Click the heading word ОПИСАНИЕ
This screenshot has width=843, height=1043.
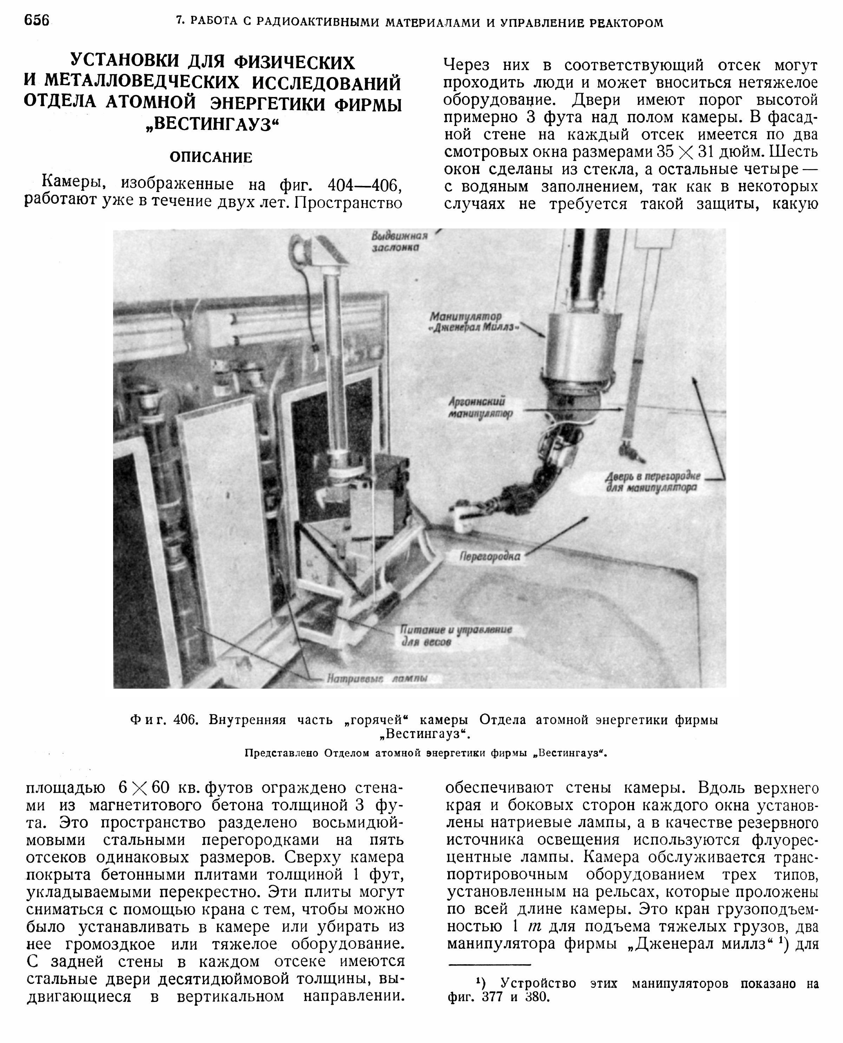pyautogui.click(x=211, y=157)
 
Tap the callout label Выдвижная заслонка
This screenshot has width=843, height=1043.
pyautogui.click(x=399, y=242)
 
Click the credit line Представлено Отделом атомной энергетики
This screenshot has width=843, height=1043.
pyautogui.click(x=425, y=753)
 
